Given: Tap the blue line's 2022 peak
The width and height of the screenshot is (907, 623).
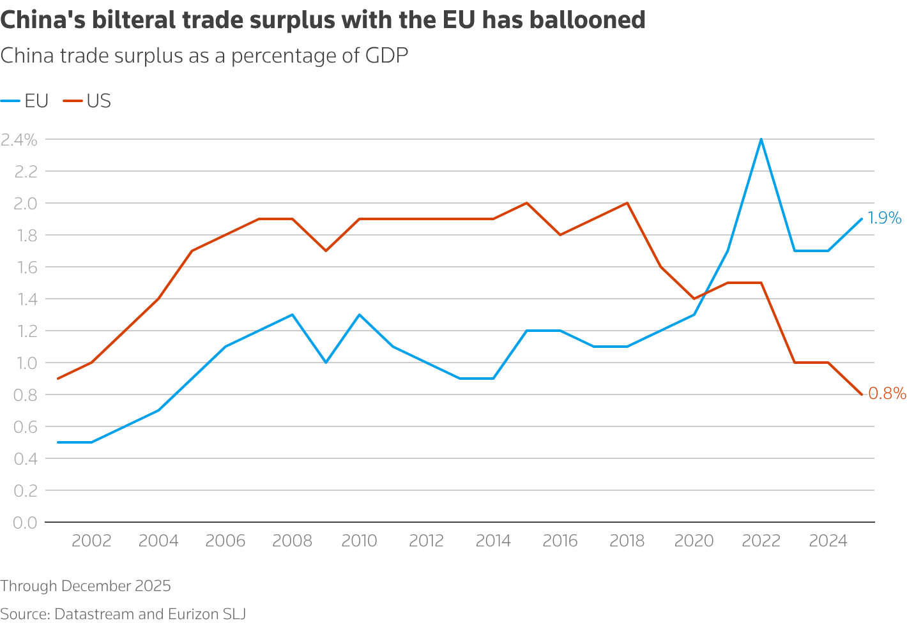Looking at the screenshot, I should (761, 139).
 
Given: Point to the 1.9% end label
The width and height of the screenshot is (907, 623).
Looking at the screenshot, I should (885, 218).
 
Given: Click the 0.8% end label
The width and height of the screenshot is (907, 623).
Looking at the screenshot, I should (887, 394).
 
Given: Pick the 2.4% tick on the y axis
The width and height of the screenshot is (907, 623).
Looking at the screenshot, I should (19, 140).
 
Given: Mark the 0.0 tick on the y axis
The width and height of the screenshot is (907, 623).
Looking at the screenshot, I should (25, 523).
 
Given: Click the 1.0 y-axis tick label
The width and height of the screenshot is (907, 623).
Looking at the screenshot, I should (25, 363).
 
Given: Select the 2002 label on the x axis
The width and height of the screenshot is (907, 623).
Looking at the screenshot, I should (91, 541).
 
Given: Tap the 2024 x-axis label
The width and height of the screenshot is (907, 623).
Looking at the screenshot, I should (828, 541).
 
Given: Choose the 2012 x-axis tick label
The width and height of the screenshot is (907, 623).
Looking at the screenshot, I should (426, 541).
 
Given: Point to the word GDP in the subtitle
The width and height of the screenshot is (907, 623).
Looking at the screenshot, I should (386, 56).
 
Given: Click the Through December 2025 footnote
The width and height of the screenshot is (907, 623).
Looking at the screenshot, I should (86, 586).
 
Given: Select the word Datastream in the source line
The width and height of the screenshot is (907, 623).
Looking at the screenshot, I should (95, 614).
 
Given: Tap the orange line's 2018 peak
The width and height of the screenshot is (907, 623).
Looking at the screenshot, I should (627, 203).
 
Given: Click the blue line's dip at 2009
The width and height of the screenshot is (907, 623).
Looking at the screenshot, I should (326, 363).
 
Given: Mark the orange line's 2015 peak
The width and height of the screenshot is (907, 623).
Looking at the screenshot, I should (527, 203).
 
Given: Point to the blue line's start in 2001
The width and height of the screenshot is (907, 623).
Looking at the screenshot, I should (58, 442).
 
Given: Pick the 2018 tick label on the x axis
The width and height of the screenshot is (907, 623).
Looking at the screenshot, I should (627, 541).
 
